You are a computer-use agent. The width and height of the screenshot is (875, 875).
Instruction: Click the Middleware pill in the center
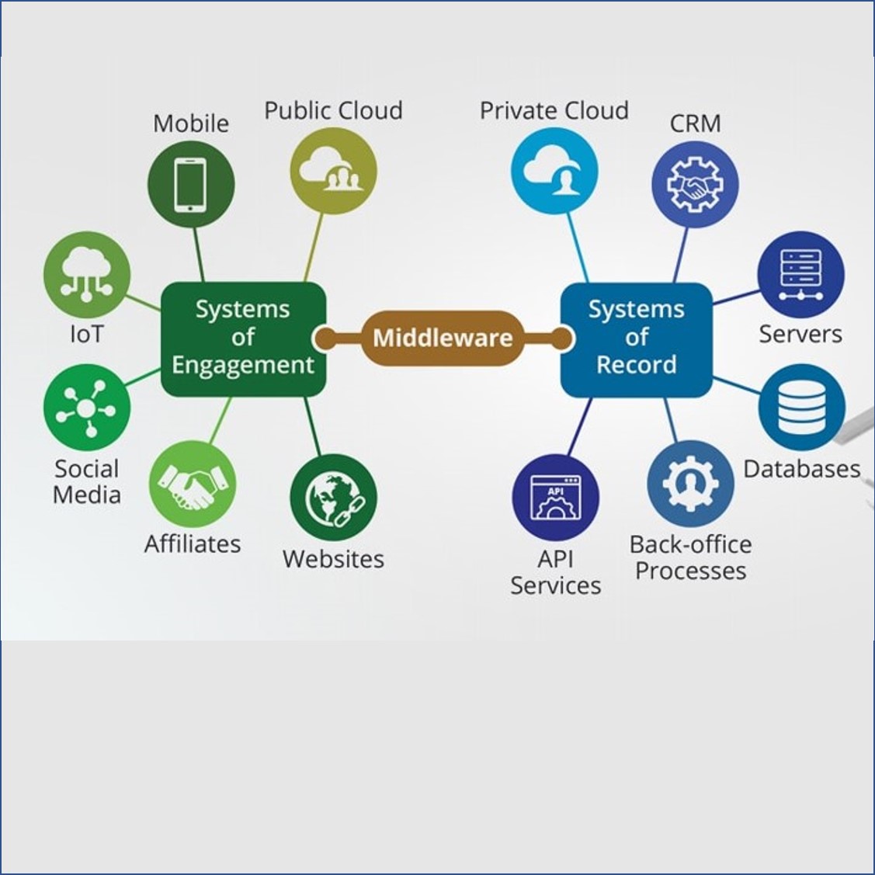[x=442, y=338]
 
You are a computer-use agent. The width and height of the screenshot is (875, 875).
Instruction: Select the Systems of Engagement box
[x=243, y=338]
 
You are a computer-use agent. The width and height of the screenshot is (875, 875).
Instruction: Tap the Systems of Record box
[x=636, y=338]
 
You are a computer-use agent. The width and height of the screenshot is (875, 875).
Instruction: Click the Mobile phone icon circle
[x=191, y=184]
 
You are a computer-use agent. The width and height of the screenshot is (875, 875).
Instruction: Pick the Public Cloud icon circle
[x=334, y=171]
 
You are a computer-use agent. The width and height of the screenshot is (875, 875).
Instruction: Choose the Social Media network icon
[x=86, y=408]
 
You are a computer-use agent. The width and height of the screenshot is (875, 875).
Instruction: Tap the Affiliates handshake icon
[x=192, y=484]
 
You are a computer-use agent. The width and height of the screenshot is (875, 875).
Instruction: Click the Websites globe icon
[x=334, y=498]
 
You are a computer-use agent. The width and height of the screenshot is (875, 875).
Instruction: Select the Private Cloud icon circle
[x=554, y=171]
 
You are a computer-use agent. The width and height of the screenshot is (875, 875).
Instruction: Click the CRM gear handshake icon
[x=695, y=185]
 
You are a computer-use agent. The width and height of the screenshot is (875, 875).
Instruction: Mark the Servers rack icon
[x=800, y=275]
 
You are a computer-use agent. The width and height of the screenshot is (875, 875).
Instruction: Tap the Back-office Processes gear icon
[x=690, y=484]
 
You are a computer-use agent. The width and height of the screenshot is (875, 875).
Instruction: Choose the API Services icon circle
[x=555, y=498]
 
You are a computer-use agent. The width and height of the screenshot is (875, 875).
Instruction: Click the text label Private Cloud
[x=554, y=110]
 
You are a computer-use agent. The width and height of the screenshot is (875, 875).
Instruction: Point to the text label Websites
[x=334, y=559]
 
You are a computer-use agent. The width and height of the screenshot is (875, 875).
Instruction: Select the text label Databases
[x=801, y=469]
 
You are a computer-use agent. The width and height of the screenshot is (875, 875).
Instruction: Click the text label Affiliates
[x=193, y=543]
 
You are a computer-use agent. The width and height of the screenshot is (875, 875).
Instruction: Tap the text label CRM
[x=695, y=123]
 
